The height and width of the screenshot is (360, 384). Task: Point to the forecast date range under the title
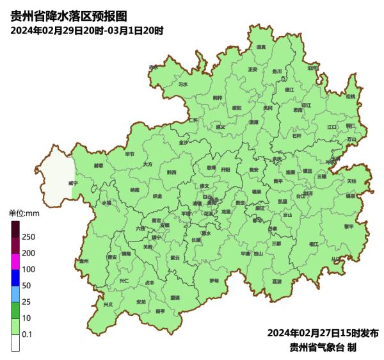coord(86,30)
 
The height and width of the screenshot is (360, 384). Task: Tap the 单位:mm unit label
coord(23,213)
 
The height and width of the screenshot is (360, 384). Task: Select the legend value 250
coord(28,237)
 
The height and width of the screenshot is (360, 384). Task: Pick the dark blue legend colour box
coord(15,277)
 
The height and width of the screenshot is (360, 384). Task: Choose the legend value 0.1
coord(27,334)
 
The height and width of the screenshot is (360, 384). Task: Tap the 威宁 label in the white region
coord(72,183)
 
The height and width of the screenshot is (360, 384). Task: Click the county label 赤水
coord(153,67)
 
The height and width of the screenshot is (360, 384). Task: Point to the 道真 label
coord(260,47)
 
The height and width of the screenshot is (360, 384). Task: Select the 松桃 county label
coord(350,96)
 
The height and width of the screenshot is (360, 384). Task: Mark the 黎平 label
coord(349,226)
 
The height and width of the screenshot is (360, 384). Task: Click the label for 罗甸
coord(214,281)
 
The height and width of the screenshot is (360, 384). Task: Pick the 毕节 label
coord(130,154)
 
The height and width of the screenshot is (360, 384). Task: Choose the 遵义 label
coord(221,127)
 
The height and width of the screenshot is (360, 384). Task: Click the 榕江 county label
coord(313,244)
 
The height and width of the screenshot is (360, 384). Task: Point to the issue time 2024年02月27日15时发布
coord(323,333)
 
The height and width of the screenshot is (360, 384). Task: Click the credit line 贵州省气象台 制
coord(323,347)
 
